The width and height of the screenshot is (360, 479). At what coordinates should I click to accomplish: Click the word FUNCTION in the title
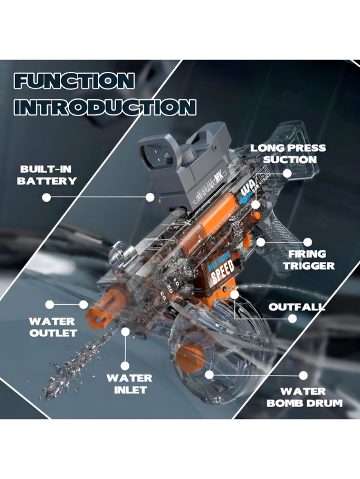click(73, 81)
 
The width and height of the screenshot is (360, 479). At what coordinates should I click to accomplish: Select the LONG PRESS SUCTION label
click(288, 154)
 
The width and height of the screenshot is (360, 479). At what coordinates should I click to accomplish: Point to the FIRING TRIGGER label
click(307, 259)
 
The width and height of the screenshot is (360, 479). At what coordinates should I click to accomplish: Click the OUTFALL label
click(296, 307)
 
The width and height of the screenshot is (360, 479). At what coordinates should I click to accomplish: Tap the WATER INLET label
click(129, 383)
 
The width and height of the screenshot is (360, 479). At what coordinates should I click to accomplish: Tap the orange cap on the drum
click(192, 354)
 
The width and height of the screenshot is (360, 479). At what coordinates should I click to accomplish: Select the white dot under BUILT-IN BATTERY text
click(46, 197)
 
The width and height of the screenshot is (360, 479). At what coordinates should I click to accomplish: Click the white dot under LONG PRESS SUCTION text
click(287, 173)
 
